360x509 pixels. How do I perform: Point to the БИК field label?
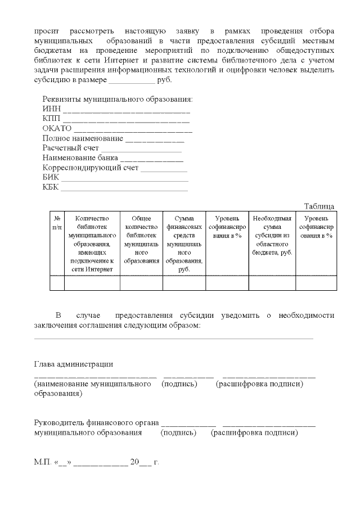(x=50, y=177)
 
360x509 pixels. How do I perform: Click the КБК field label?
(x=51, y=187)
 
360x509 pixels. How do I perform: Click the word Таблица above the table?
(x=319, y=206)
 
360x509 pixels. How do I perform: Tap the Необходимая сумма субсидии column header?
(x=272, y=235)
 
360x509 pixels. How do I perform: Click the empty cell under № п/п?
(x=57, y=283)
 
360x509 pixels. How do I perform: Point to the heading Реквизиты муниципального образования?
(x=118, y=100)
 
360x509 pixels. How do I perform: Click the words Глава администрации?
(x=74, y=364)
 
